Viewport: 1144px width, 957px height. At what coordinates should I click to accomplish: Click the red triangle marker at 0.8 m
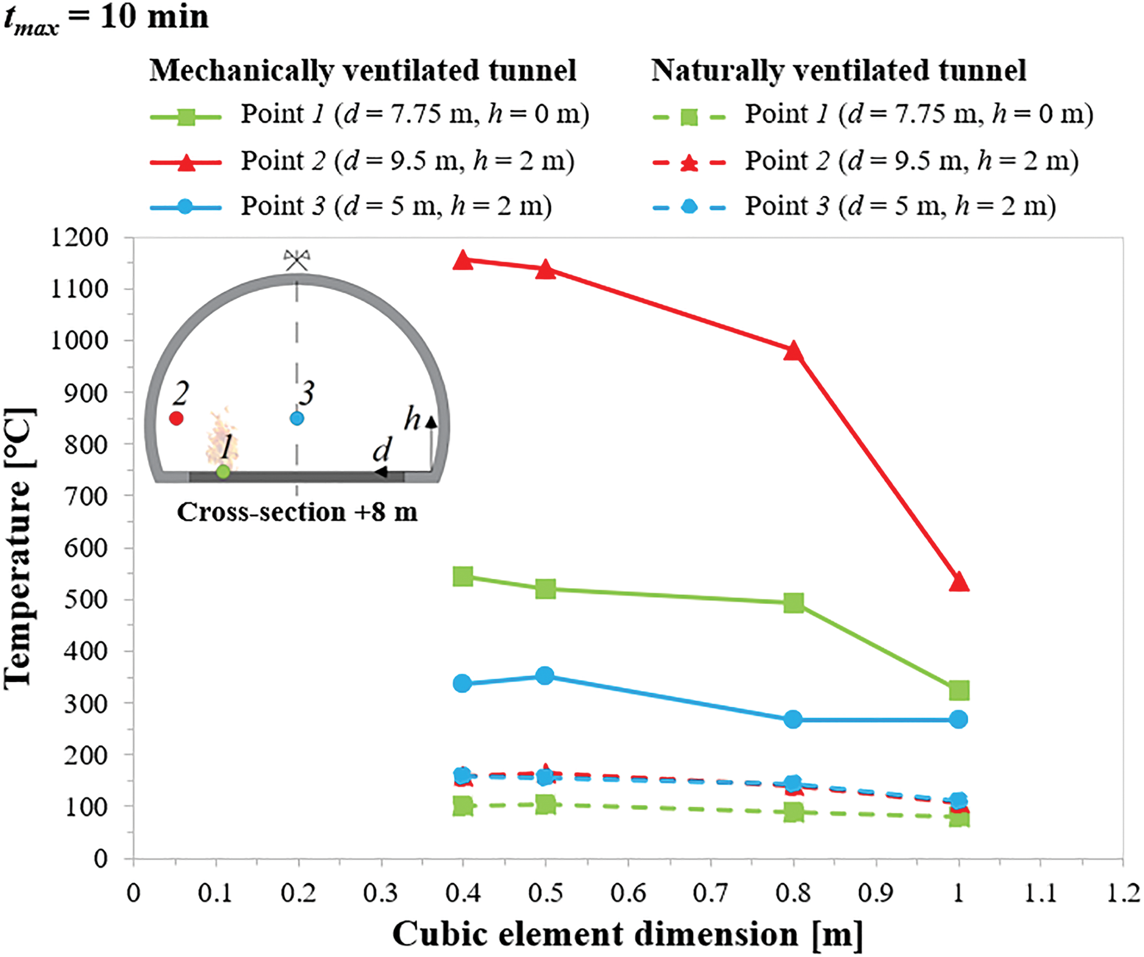click(793, 351)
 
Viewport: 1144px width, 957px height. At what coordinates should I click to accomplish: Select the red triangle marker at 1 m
click(959, 582)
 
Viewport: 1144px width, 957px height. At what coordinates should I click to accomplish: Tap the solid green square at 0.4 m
click(463, 576)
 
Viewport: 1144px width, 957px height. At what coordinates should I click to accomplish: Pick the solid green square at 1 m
click(959, 690)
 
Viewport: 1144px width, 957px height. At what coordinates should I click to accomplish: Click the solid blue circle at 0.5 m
click(545, 675)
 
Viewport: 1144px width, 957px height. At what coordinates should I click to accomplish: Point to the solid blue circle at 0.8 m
click(793, 719)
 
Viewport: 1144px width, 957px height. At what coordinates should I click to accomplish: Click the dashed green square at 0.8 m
click(793, 812)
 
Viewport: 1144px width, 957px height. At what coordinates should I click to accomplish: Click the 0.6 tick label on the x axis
click(628, 893)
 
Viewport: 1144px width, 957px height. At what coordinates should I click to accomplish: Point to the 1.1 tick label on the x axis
click(1040, 893)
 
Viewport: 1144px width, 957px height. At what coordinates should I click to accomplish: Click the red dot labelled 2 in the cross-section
click(176, 418)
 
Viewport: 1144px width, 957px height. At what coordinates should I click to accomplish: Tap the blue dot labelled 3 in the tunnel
click(297, 418)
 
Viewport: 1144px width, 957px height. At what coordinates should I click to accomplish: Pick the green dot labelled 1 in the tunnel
click(223, 471)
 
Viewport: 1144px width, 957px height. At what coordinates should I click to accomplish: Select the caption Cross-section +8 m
click(297, 512)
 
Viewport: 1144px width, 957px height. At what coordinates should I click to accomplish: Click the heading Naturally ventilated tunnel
click(838, 70)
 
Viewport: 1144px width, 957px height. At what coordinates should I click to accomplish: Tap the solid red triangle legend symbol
click(186, 162)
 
